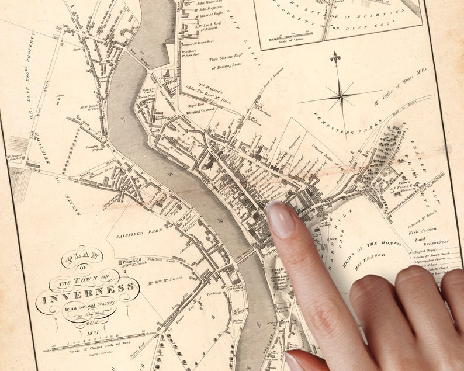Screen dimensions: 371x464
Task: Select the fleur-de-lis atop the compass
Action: [x=335, y=58]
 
